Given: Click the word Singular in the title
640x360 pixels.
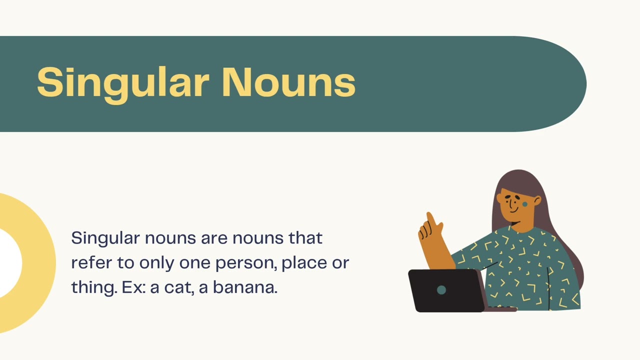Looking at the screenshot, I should [122, 82].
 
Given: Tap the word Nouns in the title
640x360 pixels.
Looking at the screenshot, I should [288, 82].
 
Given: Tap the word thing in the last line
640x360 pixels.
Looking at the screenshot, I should [94, 288].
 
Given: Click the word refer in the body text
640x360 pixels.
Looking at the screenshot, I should [88, 263].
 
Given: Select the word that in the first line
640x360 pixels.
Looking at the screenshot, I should [305, 238].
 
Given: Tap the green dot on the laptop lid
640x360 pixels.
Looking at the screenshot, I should [441, 290].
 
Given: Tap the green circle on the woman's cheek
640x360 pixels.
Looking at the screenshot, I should [525, 204].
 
